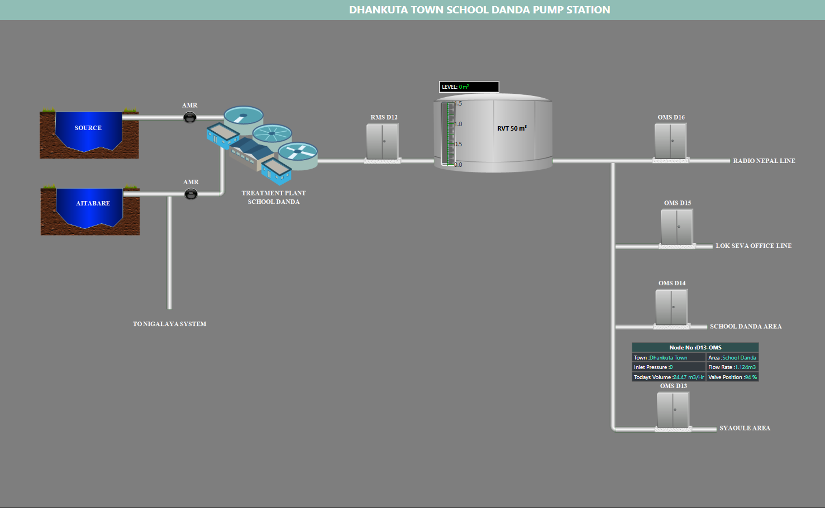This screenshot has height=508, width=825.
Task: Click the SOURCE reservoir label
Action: pos(88,128)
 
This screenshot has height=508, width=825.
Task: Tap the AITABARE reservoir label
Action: pos(93,203)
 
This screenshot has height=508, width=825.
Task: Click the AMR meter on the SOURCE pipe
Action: pos(190,117)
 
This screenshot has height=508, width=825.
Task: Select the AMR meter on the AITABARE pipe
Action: pos(191,194)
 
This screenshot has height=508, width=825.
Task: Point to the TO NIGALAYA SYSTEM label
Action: pos(169,324)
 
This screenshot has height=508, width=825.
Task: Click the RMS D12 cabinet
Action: pos(383,142)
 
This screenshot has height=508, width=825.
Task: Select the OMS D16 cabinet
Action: pos(671,141)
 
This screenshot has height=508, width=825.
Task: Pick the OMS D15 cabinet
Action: pos(677,227)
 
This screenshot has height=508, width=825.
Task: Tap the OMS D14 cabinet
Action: pos(671,307)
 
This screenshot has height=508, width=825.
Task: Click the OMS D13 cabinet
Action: pos(673,410)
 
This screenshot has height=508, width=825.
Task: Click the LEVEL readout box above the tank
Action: pos(469,87)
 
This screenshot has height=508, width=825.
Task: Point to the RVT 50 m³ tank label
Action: pos(512,128)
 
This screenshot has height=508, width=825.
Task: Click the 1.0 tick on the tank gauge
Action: pos(458,124)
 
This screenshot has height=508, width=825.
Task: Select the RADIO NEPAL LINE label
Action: pos(764,161)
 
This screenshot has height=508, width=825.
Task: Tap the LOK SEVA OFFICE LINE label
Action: pos(754,246)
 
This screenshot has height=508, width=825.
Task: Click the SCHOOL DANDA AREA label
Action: pos(746,327)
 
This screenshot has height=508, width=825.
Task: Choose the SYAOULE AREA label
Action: pos(745,428)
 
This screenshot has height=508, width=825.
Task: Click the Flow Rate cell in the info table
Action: pos(732,367)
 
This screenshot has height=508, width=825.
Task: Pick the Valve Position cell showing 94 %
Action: pos(732,377)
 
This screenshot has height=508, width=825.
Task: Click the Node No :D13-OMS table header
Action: pos(695,347)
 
